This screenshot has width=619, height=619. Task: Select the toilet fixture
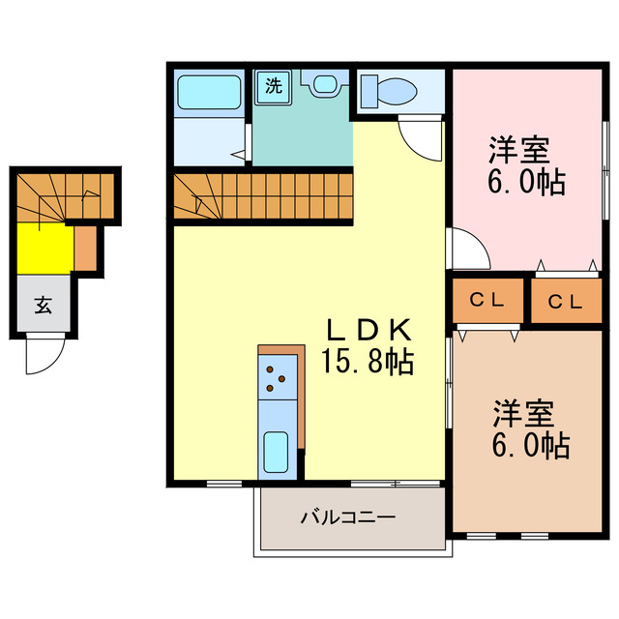[389, 92]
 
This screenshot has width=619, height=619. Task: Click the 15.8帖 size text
[368, 363]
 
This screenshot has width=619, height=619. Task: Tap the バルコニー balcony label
[347, 517]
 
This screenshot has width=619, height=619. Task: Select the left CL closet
[486, 301]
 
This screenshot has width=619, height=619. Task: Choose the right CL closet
[567, 301]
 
